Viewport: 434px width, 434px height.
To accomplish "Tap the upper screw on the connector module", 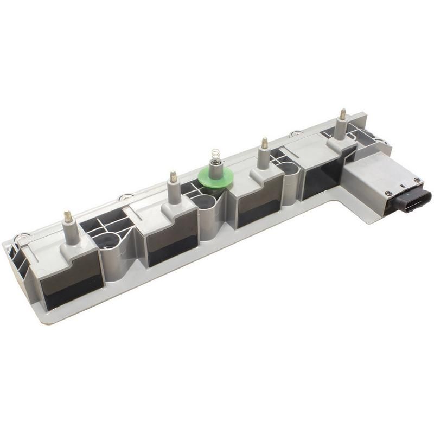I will click(416, 180).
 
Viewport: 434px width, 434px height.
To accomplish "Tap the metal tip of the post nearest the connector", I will click(342, 114).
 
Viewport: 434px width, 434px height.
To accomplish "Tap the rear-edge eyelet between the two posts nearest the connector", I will click(296, 133).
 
